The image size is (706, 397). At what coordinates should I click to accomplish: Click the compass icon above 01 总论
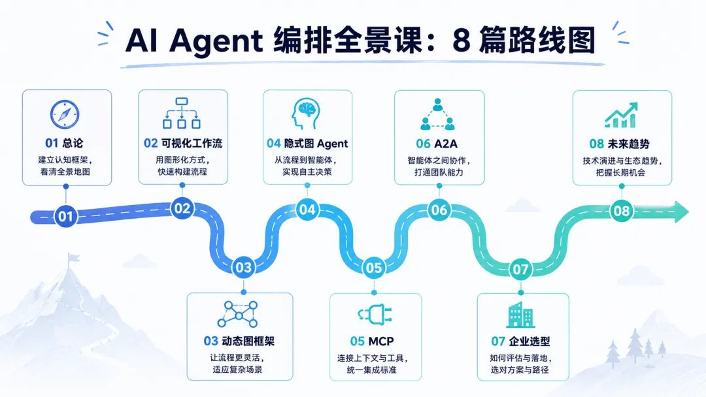[65, 114]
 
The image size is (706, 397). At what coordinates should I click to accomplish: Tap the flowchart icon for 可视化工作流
[182, 114]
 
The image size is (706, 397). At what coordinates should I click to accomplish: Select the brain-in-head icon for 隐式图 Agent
[306, 114]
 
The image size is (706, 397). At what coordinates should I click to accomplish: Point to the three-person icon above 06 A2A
[437, 114]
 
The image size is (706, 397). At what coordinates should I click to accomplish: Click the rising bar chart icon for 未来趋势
[621, 115]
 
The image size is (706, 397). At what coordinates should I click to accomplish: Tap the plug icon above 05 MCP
[375, 314]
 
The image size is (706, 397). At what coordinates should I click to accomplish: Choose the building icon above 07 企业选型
[520, 315]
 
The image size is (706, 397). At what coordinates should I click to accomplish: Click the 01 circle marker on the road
[66, 216]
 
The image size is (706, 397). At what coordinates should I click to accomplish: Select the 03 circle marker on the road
[244, 268]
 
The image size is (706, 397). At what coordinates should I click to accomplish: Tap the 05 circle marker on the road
[374, 268]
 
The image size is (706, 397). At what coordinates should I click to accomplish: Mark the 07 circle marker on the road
[520, 269]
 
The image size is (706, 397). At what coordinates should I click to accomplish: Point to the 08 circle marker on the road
[622, 211]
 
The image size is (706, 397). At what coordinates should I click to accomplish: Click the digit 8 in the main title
[462, 40]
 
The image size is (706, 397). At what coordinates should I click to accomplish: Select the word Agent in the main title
[216, 41]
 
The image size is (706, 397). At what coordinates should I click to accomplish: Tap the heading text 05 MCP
[372, 341]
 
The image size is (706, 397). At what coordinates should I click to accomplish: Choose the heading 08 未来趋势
[620, 144]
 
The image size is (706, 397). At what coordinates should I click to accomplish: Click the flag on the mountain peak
[73, 258]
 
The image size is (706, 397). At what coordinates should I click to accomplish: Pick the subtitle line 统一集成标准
[372, 370]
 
